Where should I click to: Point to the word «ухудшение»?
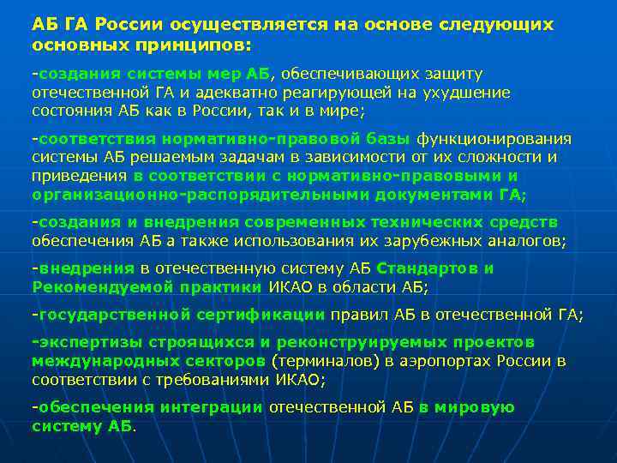point(468,93)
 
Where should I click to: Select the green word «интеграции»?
point(212,407)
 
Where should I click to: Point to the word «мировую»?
point(474,407)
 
